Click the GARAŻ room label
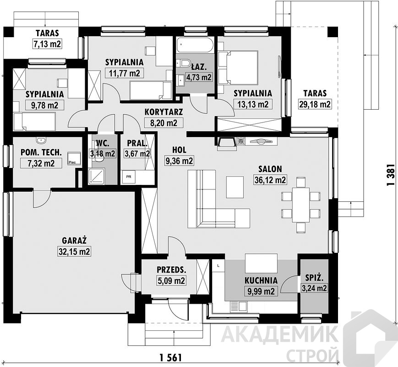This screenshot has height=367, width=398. click(74, 240)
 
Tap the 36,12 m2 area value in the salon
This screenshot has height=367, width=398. click(270, 180)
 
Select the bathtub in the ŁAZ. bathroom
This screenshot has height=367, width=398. click(195, 45)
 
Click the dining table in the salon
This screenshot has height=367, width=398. click(301, 205)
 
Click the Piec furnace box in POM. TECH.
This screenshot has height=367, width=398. click(74, 158)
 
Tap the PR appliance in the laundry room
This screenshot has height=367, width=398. click(129, 177)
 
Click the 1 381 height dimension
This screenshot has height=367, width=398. click(391, 174)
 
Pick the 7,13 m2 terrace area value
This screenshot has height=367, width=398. click(47, 44)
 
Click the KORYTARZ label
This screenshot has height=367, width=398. click(164, 111)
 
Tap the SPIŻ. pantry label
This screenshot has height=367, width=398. click(315, 278)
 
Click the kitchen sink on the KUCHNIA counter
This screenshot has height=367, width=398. click(238, 306)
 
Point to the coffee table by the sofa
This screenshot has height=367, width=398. click(235, 188)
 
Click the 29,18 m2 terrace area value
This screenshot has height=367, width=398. click(315, 104)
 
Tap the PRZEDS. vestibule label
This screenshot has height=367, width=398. click(172, 270)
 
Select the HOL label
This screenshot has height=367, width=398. click(179, 150)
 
